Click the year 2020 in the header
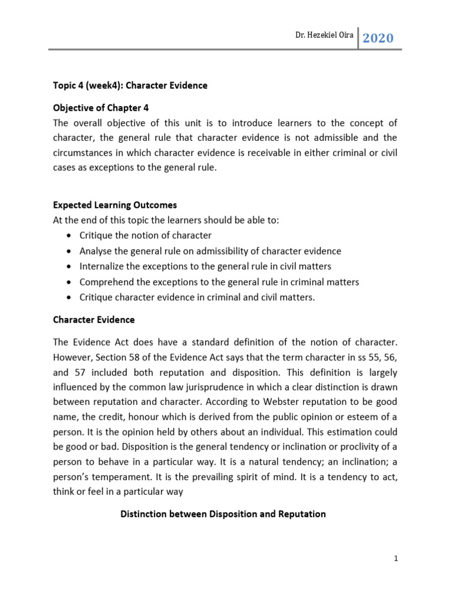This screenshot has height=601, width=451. [378, 39]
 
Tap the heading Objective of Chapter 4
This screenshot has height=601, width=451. [105, 107]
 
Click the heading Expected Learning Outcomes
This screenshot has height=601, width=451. [115, 205]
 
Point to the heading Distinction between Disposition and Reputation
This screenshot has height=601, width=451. [223, 514]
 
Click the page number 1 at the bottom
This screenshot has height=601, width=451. [396, 559]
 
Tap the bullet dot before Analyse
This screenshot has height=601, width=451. [70, 251]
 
